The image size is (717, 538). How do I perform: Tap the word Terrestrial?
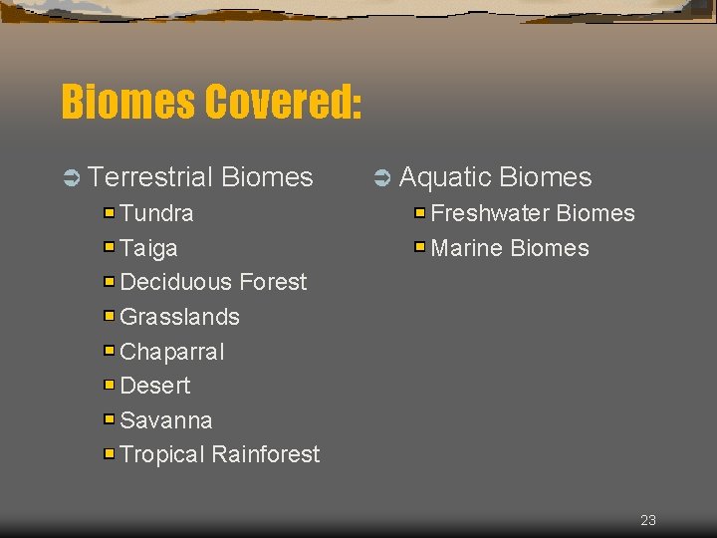150,177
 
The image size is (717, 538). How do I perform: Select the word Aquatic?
445,177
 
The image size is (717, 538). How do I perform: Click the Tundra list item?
156,213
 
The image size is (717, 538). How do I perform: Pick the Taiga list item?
148,248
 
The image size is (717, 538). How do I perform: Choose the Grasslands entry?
179,317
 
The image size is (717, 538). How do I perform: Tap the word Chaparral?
171,352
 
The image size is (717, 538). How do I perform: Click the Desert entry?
154,386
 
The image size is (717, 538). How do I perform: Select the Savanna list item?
165,420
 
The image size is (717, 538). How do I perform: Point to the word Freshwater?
490,213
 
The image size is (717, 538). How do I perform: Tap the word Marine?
468,248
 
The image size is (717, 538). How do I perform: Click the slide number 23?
648,520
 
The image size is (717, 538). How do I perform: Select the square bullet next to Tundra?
110,212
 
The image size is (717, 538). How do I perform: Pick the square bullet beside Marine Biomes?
420,246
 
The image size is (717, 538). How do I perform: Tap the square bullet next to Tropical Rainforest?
110,453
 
